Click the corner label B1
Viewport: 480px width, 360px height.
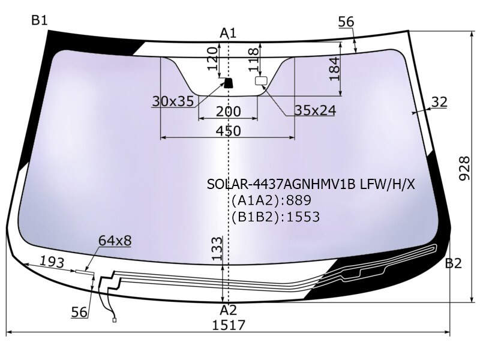(x=40, y=20)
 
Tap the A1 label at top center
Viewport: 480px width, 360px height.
(x=228, y=33)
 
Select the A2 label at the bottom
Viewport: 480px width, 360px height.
(x=228, y=310)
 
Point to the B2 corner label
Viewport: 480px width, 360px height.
(x=453, y=263)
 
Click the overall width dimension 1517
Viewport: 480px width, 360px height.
(x=229, y=325)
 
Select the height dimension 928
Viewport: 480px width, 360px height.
(x=464, y=169)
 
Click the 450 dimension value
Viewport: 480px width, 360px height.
(x=229, y=131)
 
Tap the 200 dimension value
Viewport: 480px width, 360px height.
(x=229, y=112)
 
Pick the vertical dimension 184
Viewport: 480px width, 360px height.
(x=335, y=68)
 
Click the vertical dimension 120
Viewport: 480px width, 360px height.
(x=213, y=59)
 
